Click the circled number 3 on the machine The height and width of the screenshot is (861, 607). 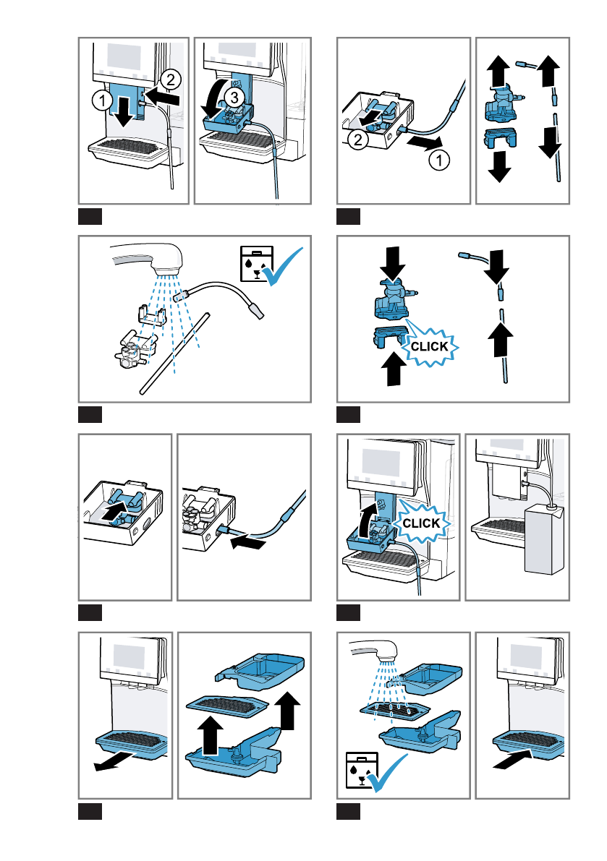point(234,97)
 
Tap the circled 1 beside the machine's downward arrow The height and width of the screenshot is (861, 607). point(101,100)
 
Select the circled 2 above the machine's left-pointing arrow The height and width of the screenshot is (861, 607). point(171,80)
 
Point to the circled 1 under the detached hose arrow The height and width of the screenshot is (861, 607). point(439,160)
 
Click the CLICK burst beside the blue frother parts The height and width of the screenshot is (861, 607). point(429,346)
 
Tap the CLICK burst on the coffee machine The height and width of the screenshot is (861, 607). point(421,522)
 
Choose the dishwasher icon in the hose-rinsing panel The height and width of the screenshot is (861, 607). point(256,264)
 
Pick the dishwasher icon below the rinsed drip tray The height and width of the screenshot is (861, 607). point(362,771)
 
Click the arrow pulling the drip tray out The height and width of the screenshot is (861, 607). point(114,762)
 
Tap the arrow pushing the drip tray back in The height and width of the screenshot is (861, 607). point(513,760)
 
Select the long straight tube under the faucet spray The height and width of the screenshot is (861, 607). point(175,354)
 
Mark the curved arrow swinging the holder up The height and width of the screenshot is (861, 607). point(366,521)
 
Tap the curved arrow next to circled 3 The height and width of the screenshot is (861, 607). point(214,98)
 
